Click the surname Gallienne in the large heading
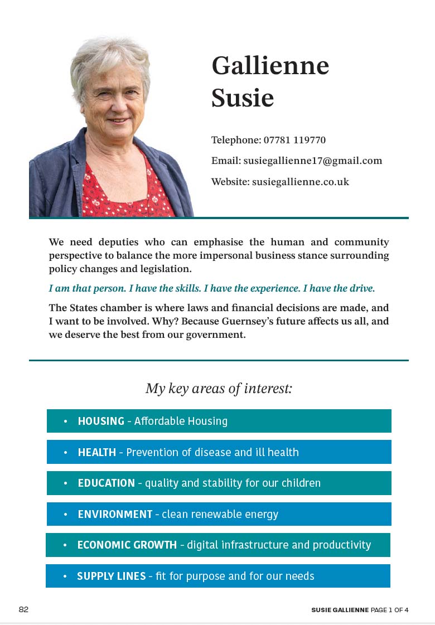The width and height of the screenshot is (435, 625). coord(270,66)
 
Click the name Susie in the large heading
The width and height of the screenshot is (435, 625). coord(243,98)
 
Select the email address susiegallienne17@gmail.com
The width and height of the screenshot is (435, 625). coord(313,161)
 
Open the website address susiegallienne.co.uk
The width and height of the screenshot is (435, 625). coord(300,182)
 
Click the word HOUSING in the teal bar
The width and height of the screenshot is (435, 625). coord(101,421)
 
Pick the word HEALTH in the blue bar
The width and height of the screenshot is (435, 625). coord(97,452)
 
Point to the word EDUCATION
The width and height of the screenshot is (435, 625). coord(107,483)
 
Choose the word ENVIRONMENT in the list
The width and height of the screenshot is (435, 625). coord(115,514)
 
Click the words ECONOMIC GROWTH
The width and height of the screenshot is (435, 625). coord(127,545)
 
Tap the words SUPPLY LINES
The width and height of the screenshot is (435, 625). coord(112,576)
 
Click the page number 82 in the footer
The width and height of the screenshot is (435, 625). coord(23,609)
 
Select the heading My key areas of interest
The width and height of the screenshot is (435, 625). coord(219,388)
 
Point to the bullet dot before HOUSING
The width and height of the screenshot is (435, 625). coord(65,421)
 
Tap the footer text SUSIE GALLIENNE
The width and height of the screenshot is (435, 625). coord(340,610)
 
